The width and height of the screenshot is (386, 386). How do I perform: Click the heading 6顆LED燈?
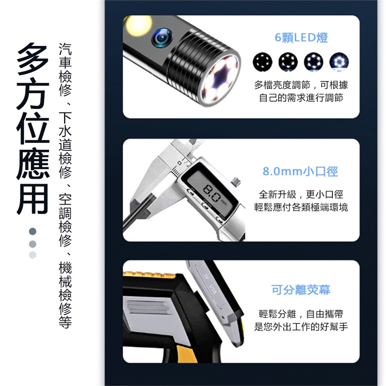tap(301, 38)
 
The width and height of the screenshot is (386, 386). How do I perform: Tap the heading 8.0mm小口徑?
tap(300, 171)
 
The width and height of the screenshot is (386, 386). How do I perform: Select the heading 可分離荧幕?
tap(301, 290)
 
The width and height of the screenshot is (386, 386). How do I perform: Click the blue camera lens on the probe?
tap(162, 37)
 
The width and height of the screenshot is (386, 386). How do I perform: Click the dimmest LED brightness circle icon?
tap(263, 62)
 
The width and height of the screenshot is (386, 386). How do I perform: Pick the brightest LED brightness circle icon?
tap(339, 62)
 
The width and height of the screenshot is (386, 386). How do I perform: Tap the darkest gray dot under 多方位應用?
tap(33, 231)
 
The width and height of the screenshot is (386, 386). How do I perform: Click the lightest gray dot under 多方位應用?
tap(33, 255)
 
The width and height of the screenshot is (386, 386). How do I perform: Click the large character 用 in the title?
tap(33, 198)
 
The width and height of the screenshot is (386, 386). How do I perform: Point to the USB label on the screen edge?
tap(213, 289)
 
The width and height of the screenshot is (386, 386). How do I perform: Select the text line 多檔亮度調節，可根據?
tap(301, 85)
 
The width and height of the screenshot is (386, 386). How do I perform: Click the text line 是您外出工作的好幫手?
tap(301, 326)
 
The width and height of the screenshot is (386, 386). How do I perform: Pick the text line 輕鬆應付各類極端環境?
tap(301, 207)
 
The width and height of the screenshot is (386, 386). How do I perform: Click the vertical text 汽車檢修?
tap(65, 70)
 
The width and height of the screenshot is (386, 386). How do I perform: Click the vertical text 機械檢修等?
tap(65, 295)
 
